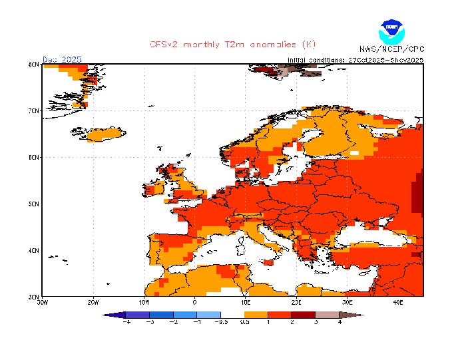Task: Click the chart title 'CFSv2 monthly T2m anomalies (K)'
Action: coord(232,45)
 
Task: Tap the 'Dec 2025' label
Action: coord(62,59)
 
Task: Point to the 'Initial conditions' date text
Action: coord(355,60)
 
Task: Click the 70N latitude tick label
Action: coord(33,110)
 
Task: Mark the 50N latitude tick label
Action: coord(33,204)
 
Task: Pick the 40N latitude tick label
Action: coord(33,250)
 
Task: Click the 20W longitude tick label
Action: coord(93,302)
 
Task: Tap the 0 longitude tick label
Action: coord(194,302)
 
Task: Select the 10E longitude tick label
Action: coord(245,302)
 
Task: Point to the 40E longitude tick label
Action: coord(398,302)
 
